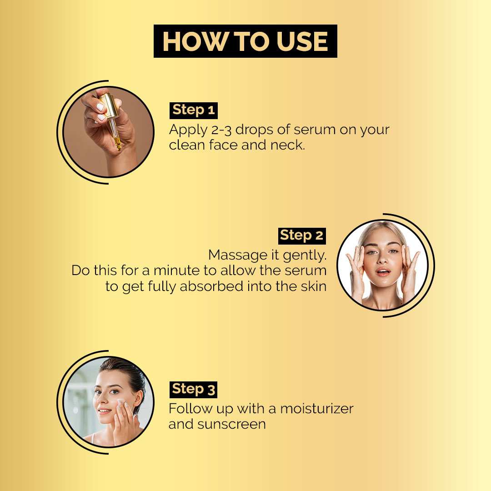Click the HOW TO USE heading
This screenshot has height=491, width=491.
[x=245, y=41]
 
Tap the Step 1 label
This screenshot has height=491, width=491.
[x=194, y=110]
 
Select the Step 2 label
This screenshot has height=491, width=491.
[x=302, y=236]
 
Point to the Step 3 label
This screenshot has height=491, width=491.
[x=193, y=390]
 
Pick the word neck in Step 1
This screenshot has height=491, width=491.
[x=287, y=145]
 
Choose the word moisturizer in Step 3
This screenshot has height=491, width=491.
[x=317, y=409]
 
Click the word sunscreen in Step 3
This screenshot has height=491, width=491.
[x=231, y=425]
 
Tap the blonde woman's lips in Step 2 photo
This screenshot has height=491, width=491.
[x=383, y=272]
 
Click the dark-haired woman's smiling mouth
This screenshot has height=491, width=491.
[x=104, y=411]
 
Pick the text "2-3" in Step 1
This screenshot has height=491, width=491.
[x=221, y=130]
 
